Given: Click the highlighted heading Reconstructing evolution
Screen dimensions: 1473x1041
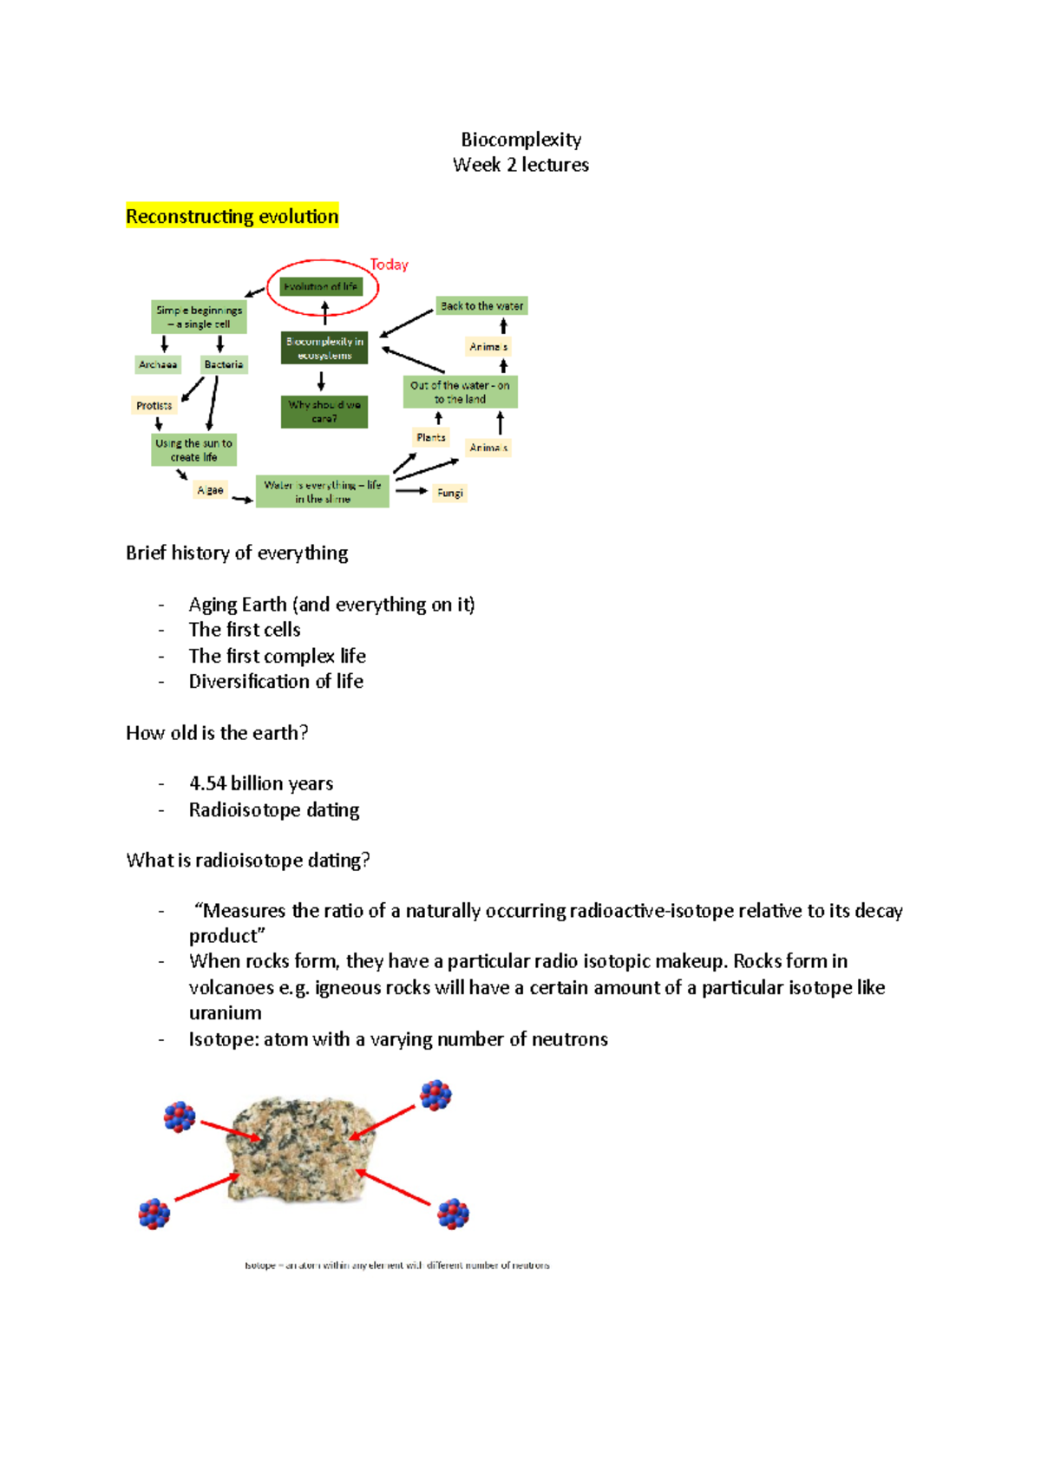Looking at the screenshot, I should [x=232, y=216].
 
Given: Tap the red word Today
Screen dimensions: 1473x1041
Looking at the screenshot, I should [x=389, y=265].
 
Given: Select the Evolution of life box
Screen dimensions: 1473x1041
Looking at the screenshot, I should [x=321, y=286].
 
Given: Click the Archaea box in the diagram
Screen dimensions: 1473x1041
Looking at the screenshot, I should [x=158, y=364].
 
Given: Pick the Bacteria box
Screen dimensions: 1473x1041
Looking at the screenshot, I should [x=224, y=364].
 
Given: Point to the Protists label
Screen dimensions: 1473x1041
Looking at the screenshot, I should [x=154, y=405].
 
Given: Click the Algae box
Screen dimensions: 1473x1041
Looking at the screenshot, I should [x=210, y=490].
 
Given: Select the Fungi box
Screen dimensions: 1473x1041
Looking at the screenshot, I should [x=449, y=493].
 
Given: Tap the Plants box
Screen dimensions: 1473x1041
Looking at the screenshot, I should [x=430, y=437].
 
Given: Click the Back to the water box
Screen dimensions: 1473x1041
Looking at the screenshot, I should [x=481, y=305].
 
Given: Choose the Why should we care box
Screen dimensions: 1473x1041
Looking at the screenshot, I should [x=324, y=411].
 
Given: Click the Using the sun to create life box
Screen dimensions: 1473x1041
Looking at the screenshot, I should [x=193, y=449].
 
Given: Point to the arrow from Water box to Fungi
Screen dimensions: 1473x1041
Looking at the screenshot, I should [x=411, y=491].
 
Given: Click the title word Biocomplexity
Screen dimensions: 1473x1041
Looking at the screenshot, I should [x=520, y=140].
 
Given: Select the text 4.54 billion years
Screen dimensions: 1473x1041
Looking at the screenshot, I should [x=261, y=783].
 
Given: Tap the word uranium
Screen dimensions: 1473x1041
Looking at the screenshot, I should [x=225, y=1012].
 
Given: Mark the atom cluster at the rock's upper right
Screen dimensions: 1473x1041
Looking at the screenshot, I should [x=435, y=1095].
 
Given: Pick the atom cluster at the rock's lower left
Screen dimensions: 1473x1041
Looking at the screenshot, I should [x=154, y=1213].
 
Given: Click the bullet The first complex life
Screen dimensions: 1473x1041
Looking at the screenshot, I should [x=277, y=656].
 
